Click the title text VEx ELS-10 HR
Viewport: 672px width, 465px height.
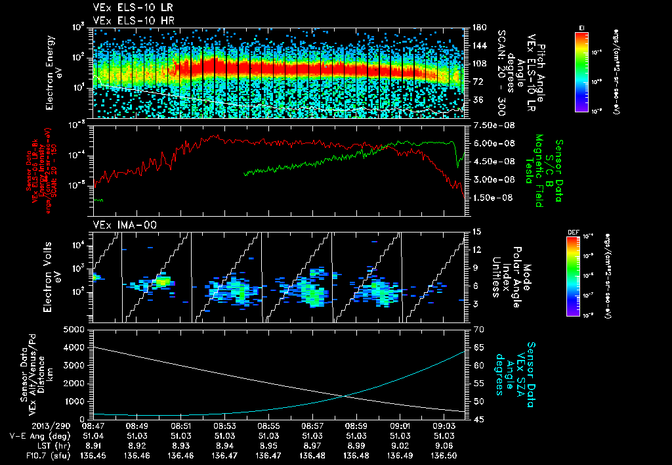pos(128,20)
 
